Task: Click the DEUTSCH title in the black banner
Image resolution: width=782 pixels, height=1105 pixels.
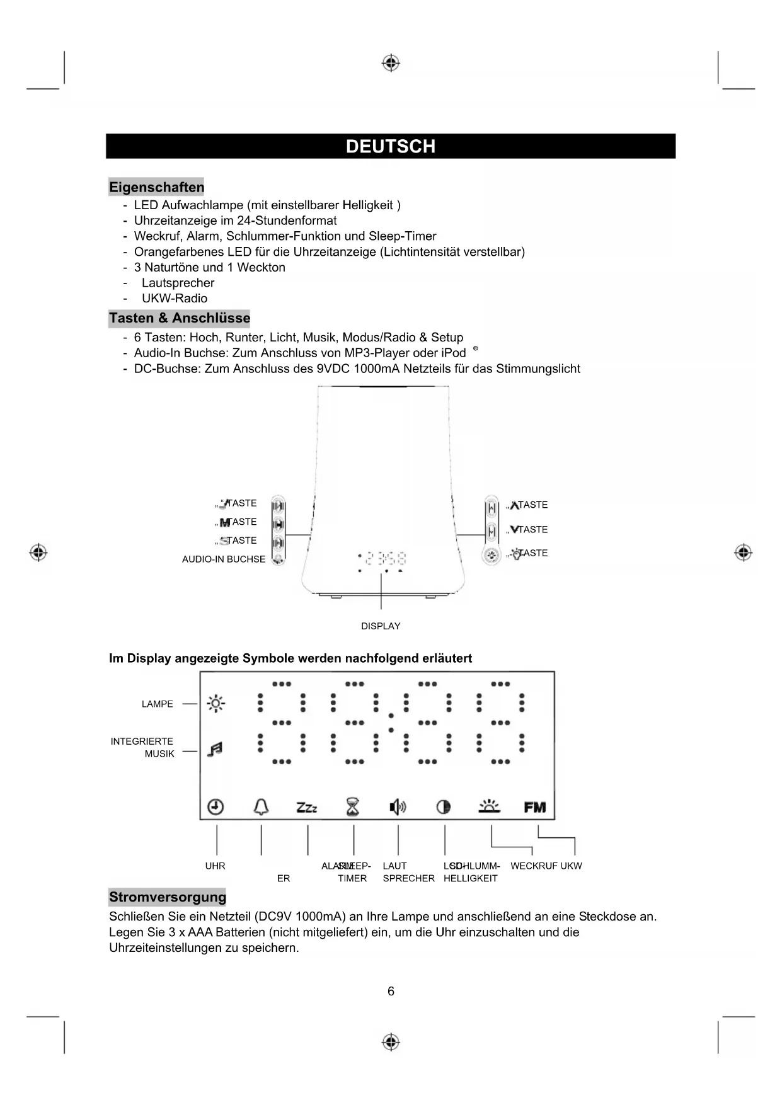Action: tap(391, 146)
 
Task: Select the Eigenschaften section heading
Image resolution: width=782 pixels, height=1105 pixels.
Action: tap(156, 187)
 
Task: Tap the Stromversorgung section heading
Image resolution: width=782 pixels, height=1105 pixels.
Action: tap(167, 897)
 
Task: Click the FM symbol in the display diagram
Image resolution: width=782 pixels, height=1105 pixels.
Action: tap(535, 807)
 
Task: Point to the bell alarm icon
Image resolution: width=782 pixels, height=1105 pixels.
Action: tap(261, 806)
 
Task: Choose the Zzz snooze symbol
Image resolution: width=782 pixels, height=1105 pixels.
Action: tap(307, 807)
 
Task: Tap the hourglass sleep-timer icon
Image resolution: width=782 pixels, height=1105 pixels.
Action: tap(354, 807)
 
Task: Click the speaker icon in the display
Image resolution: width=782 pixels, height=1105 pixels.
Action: tap(398, 806)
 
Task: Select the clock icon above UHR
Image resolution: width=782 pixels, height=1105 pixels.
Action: tap(216, 806)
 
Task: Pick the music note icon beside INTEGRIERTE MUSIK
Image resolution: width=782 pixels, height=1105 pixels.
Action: tap(215, 749)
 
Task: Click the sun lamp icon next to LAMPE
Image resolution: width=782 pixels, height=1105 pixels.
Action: tap(216, 704)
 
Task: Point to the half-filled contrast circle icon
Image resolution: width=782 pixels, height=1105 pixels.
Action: tap(444, 807)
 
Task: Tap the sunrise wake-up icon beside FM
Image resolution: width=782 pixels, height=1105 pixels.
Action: tap(489, 806)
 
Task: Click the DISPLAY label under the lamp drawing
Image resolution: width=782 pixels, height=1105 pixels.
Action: tap(381, 626)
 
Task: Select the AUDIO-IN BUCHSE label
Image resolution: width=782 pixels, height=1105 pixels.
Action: tap(224, 559)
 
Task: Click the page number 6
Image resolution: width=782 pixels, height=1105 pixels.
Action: tap(391, 991)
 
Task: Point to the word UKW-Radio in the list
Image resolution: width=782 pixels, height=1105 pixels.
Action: tap(175, 299)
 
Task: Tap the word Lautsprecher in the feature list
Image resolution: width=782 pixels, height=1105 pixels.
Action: tap(178, 283)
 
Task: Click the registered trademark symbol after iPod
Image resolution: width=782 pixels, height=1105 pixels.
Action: tap(476, 348)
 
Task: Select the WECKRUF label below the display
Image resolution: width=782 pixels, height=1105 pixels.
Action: tap(534, 866)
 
